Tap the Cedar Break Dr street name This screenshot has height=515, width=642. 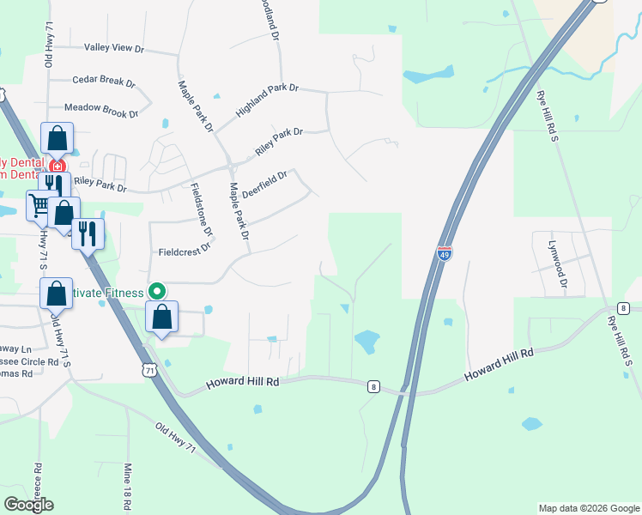pos(104,81)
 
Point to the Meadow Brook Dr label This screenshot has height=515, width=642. pos(101,110)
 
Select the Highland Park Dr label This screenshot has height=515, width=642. pos(267,100)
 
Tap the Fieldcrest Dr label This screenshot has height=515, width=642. pos(185,252)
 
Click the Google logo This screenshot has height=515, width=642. pos(28,505)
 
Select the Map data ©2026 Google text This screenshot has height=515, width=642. pos(588,508)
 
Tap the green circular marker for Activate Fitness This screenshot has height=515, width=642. pos(158,291)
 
